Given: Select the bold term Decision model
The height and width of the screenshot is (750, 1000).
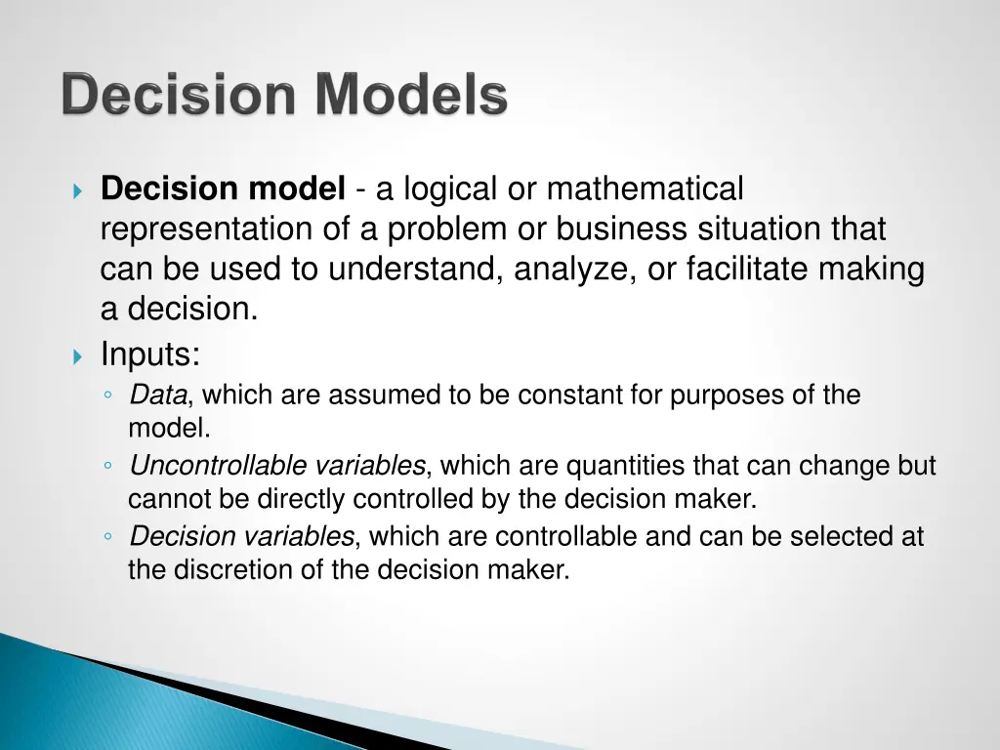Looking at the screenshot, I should (223, 188).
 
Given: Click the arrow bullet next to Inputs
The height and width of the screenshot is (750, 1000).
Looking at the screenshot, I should (79, 356).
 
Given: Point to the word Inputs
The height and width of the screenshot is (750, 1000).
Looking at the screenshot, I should (149, 354).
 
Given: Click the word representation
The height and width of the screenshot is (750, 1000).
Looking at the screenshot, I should (202, 229).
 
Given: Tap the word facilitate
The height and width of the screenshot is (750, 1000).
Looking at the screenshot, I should (747, 270).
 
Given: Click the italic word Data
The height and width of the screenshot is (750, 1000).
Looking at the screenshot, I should (157, 396).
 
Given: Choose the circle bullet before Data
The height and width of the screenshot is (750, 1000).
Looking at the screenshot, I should (109, 396).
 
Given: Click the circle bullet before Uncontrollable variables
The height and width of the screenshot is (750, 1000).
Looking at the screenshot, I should (109, 467).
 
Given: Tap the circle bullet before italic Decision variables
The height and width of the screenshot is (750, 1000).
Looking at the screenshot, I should (109, 537).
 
